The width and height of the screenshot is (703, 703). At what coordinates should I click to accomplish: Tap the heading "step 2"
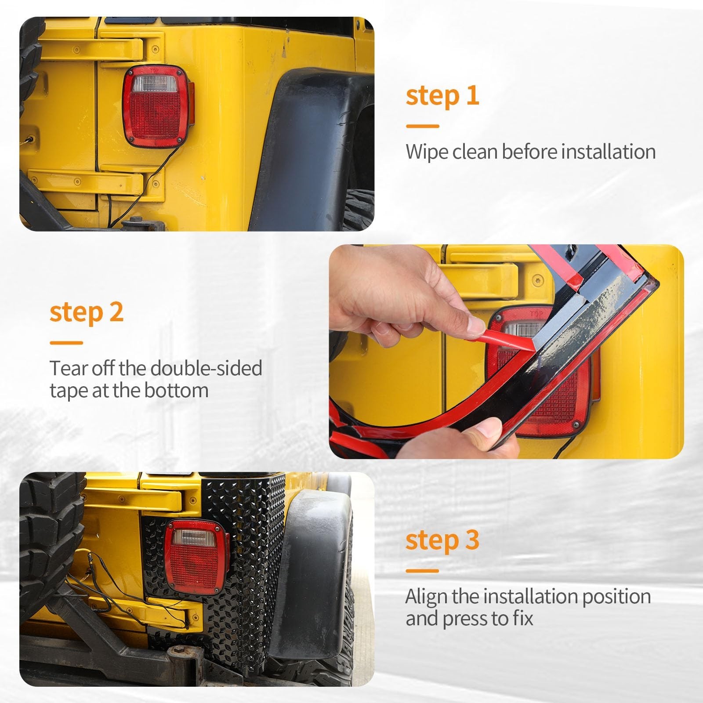point(87,312)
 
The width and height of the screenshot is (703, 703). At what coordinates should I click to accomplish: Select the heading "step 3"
point(442,541)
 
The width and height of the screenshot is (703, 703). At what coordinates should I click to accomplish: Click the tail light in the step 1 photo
point(158,107)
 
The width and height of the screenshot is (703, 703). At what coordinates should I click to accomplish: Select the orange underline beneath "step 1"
point(422,126)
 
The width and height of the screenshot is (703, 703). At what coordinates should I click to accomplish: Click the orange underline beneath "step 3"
point(422,571)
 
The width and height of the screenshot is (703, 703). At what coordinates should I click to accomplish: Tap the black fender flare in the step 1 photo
point(303,149)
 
